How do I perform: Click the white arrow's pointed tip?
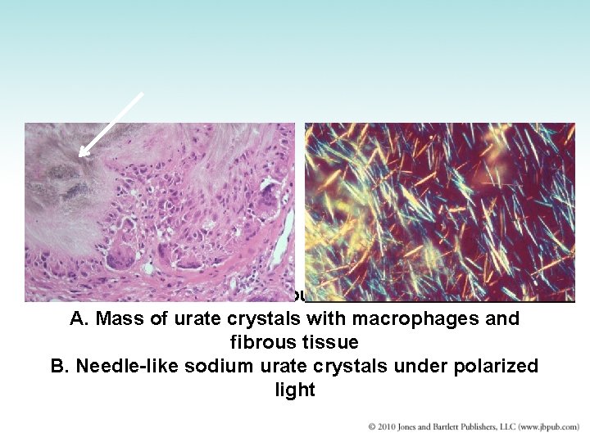tap(79, 154)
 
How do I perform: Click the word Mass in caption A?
tap(116, 318)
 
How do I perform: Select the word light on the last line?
tap(295, 390)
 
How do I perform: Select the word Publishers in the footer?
tap(493, 426)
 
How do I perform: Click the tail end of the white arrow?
tap(143, 93)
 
